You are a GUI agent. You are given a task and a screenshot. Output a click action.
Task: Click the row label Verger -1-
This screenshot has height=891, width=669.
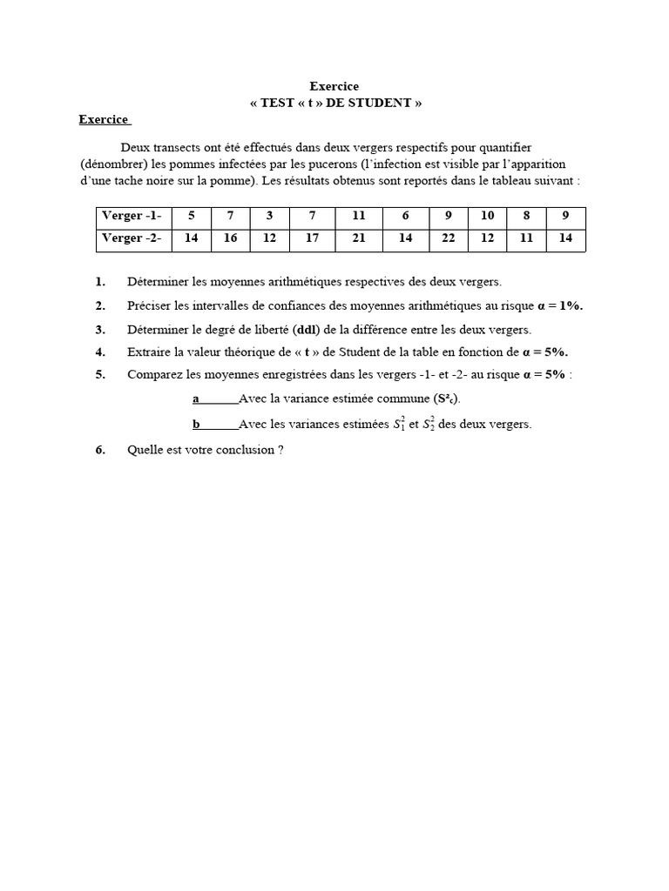pos(132,216)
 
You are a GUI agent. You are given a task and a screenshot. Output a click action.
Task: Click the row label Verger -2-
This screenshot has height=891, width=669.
pos(132,238)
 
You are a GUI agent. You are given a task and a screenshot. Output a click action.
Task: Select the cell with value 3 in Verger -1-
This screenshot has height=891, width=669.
pos(270,216)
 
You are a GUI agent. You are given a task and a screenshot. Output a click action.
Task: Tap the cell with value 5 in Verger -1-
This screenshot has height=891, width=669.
pos(191,216)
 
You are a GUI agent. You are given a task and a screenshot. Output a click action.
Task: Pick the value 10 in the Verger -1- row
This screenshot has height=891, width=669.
pos(487,216)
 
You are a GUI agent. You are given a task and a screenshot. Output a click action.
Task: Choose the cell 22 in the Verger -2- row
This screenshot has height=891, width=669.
pos(449,238)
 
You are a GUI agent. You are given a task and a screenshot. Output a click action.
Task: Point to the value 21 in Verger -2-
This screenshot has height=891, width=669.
pos(359,238)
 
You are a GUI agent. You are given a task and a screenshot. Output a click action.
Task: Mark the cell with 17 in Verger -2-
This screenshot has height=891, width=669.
pos(312,238)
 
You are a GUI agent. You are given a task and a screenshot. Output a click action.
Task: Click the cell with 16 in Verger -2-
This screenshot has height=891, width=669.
pos(230,238)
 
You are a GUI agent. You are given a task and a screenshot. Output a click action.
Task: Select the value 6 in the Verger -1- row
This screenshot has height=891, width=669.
pos(405,216)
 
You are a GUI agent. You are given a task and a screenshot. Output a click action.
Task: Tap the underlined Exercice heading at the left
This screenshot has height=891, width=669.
pos(103,119)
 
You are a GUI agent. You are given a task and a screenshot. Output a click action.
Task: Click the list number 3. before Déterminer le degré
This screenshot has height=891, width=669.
pos(101,329)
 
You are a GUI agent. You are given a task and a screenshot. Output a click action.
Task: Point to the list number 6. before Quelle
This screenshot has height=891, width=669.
pos(101,450)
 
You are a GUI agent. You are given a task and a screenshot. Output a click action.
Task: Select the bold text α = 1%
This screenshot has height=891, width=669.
pos(561,305)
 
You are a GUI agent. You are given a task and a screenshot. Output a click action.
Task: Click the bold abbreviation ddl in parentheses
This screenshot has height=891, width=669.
pos(307,329)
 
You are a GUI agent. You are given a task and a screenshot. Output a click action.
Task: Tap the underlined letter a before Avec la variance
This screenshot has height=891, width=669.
pos(196,399)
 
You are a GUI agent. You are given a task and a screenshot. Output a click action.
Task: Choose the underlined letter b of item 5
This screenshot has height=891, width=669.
pos(197,425)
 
